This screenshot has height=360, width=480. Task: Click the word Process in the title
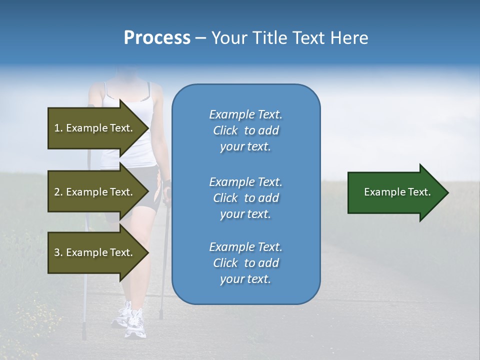(x=157, y=38)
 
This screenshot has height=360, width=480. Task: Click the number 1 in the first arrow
(x=57, y=128)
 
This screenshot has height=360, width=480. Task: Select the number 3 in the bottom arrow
(x=57, y=252)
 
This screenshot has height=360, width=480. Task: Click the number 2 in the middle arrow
(x=57, y=192)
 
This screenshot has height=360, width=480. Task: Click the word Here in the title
(x=349, y=38)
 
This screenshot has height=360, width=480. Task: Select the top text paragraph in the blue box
(x=245, y=130)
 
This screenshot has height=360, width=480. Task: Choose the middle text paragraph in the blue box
(x=245, y=198)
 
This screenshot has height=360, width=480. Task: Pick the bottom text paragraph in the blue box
(x=245, y=263)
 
